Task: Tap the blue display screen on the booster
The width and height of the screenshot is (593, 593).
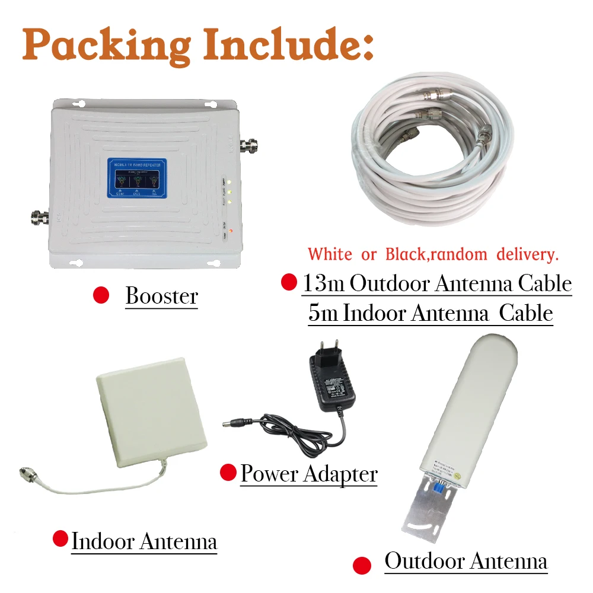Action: [137, 177]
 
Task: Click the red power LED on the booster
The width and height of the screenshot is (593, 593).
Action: [231, 230]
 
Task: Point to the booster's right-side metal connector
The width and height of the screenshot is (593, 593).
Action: [250, 144]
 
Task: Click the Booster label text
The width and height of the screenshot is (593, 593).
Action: [161, 296]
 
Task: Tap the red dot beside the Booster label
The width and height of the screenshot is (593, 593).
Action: [101, 295]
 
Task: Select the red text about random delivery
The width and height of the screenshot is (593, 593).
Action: [433, 254]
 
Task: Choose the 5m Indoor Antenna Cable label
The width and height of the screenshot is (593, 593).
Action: [431, 313]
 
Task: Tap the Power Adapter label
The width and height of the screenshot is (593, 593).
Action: [309, 474]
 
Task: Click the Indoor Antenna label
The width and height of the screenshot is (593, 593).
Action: [144, 541]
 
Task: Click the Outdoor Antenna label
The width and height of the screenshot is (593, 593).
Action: [466, 560]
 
